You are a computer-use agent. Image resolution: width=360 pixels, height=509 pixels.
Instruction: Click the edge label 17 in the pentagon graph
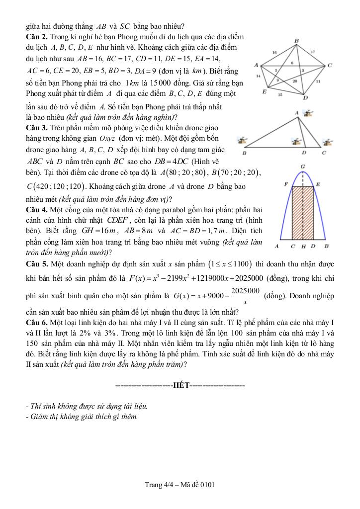coord(313,51)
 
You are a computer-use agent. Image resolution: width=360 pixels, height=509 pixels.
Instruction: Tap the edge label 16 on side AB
coord(274,52)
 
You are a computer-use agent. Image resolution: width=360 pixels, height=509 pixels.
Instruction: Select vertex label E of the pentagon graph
coord(264,92)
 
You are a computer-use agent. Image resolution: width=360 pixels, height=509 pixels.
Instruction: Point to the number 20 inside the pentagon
coord(295,81)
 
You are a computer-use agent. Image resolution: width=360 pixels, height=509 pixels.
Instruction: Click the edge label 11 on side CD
coord(318,81)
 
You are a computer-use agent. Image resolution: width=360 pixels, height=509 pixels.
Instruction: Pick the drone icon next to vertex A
coord(309,114)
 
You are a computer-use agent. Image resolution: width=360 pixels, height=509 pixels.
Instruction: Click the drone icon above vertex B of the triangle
coord(243,142)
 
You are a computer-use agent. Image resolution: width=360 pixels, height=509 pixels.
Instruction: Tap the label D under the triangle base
coord(304,153)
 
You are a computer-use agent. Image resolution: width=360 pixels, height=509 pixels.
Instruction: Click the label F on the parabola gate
coord(286,184)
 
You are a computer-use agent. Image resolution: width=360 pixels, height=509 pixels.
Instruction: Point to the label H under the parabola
coord(303,247)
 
